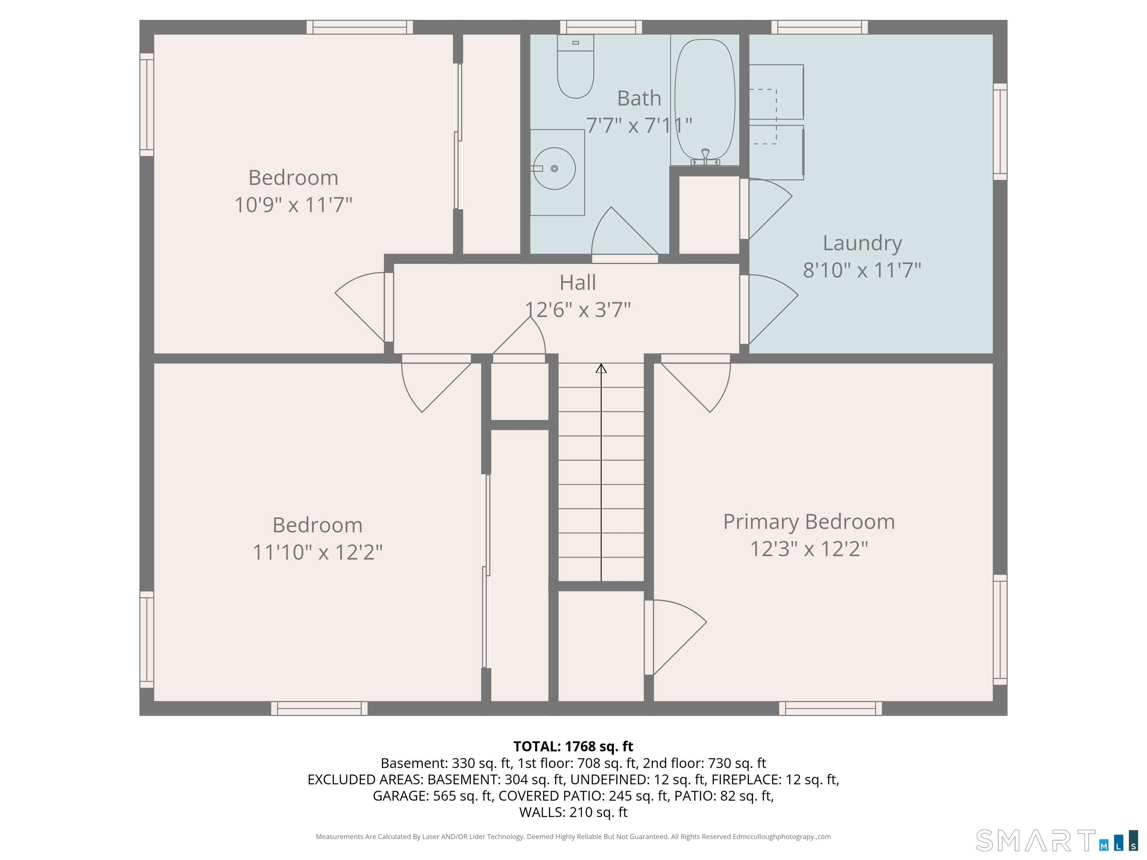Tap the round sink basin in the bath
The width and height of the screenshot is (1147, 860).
pos(554,168)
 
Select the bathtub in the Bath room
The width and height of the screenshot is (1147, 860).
pos(705,99)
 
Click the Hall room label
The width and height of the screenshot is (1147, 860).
pos(578,283)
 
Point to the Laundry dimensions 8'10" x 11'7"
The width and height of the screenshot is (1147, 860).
pos(862,270)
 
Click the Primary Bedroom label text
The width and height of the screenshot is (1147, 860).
pos(809,522)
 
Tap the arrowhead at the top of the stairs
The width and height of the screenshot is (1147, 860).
pos(601,368)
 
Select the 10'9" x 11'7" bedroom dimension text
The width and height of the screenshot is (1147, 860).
pos(293,205)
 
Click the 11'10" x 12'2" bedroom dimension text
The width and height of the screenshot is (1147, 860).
pos(317,552)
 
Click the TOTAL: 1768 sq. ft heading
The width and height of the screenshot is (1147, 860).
pos(573,747)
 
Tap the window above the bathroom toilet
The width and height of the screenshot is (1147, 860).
pos(601,27)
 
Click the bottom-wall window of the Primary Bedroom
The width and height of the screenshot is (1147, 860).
pos(830,708)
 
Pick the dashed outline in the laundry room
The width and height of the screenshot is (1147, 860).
pos(763,116)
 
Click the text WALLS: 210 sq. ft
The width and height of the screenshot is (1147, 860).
pos(573,812)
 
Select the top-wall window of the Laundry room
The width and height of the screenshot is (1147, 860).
pos(819,27)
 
